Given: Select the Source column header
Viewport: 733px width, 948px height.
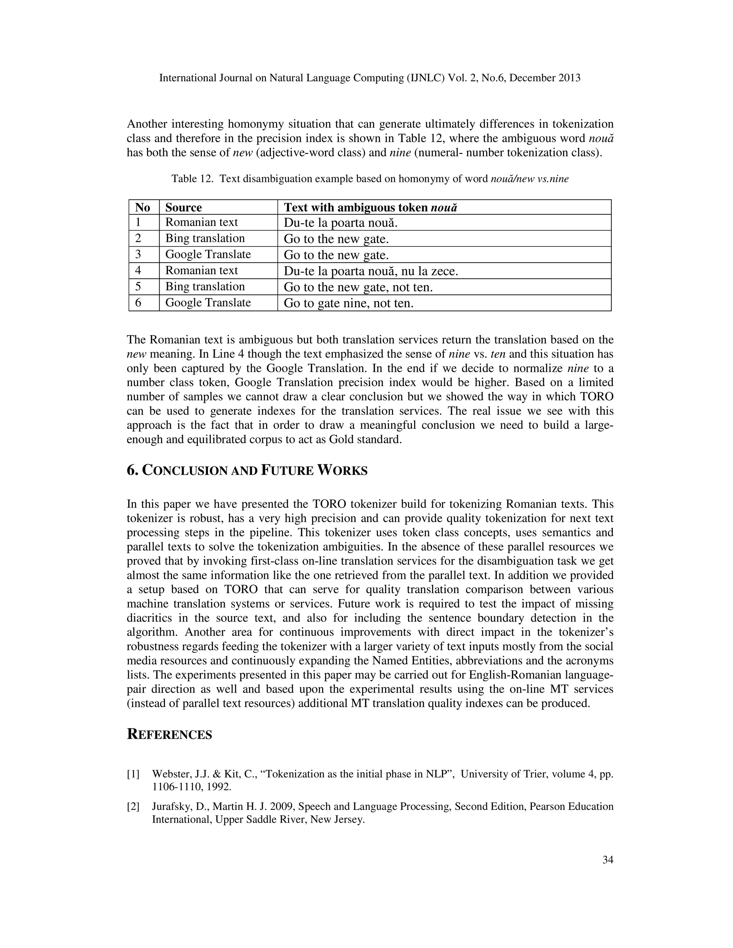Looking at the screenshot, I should pos(183,207).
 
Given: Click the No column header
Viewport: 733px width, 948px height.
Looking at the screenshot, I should pos(142,207).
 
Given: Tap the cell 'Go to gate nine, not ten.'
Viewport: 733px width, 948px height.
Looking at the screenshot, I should pos(348,303).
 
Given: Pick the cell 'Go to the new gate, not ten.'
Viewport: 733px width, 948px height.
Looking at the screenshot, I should pos(358,287).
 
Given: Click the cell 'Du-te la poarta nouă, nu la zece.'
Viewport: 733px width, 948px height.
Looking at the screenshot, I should pos(371,271).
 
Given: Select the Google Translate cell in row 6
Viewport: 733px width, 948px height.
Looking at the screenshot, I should pos(208,303).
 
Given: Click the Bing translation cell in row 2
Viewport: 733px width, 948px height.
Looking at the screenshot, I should pos(205,238).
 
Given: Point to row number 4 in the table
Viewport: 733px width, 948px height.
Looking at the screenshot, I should pos(138,270).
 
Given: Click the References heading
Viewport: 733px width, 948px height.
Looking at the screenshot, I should pos(169,734).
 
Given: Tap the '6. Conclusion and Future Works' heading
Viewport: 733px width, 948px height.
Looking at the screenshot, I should pos(247,470).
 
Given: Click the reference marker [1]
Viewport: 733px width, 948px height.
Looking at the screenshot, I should pos(133,774).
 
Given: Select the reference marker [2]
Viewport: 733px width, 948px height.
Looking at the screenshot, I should pos(133,806).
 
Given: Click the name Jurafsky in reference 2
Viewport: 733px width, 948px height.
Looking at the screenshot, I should pos(170,806).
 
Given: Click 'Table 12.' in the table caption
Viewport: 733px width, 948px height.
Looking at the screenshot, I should pos(192,179).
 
